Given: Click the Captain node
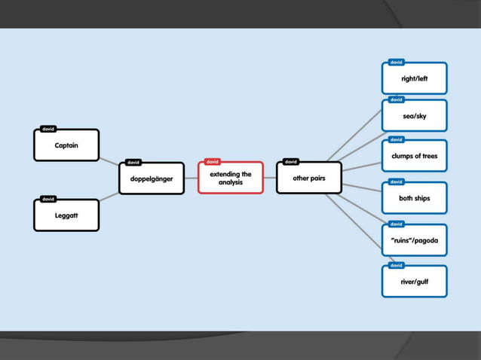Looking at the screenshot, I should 66,145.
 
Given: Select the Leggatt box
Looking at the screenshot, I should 66,215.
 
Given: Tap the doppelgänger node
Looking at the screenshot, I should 152,178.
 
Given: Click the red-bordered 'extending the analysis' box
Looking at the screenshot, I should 231,178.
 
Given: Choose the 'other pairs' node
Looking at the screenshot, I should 308,178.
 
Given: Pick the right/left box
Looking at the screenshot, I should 415,78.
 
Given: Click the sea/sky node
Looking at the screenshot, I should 415,117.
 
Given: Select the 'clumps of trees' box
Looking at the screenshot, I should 415,157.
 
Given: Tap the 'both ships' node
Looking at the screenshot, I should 415,198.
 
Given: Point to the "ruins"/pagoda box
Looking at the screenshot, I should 415,241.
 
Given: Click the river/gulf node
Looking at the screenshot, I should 415,282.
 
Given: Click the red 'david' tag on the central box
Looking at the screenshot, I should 213,161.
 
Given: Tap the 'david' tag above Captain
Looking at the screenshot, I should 47,129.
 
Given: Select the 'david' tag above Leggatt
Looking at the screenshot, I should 47,199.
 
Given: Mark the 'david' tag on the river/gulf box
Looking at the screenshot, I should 397,265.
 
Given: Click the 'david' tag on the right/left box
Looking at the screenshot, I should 397,62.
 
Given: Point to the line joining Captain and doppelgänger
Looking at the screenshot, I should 109,163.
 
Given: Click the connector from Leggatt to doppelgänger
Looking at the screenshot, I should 109,198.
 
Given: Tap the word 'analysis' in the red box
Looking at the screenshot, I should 231,183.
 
